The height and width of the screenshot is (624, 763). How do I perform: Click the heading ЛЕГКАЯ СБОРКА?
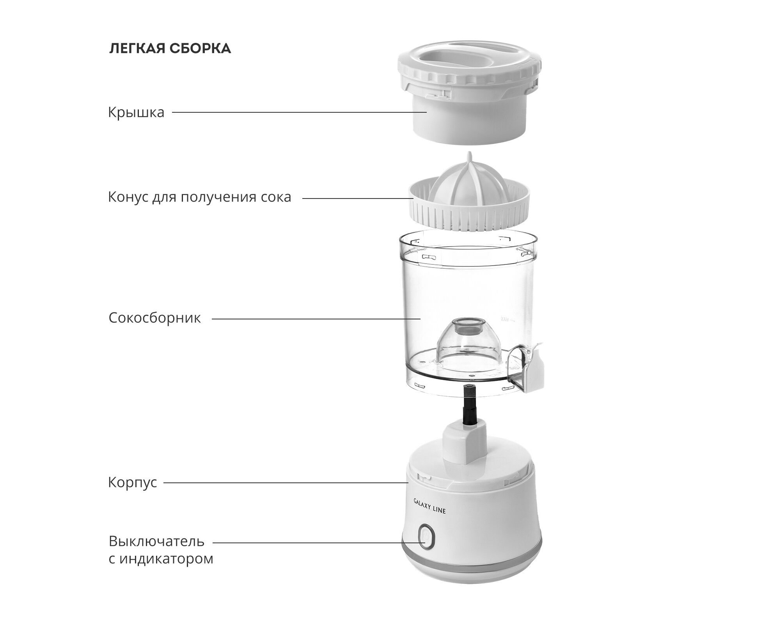coord(170,48)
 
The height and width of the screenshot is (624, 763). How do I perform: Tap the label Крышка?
coord(136,113)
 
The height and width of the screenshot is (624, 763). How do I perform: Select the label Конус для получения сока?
coord(199,197)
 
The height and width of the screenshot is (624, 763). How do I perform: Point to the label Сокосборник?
coord(154,318)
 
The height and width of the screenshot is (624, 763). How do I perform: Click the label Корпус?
coord(132,483)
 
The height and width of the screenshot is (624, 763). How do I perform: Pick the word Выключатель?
coord(156,542)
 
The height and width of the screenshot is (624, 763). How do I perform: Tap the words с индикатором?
coord(161,559)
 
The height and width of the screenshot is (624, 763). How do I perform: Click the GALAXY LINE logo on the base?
coord(429,506)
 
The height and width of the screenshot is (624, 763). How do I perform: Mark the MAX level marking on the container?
coord(505,320)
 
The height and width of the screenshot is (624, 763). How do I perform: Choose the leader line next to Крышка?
coord(300,112)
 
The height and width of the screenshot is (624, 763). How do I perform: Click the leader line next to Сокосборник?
coord(316,319)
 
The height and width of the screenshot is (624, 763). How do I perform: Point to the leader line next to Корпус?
coord(286,483)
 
